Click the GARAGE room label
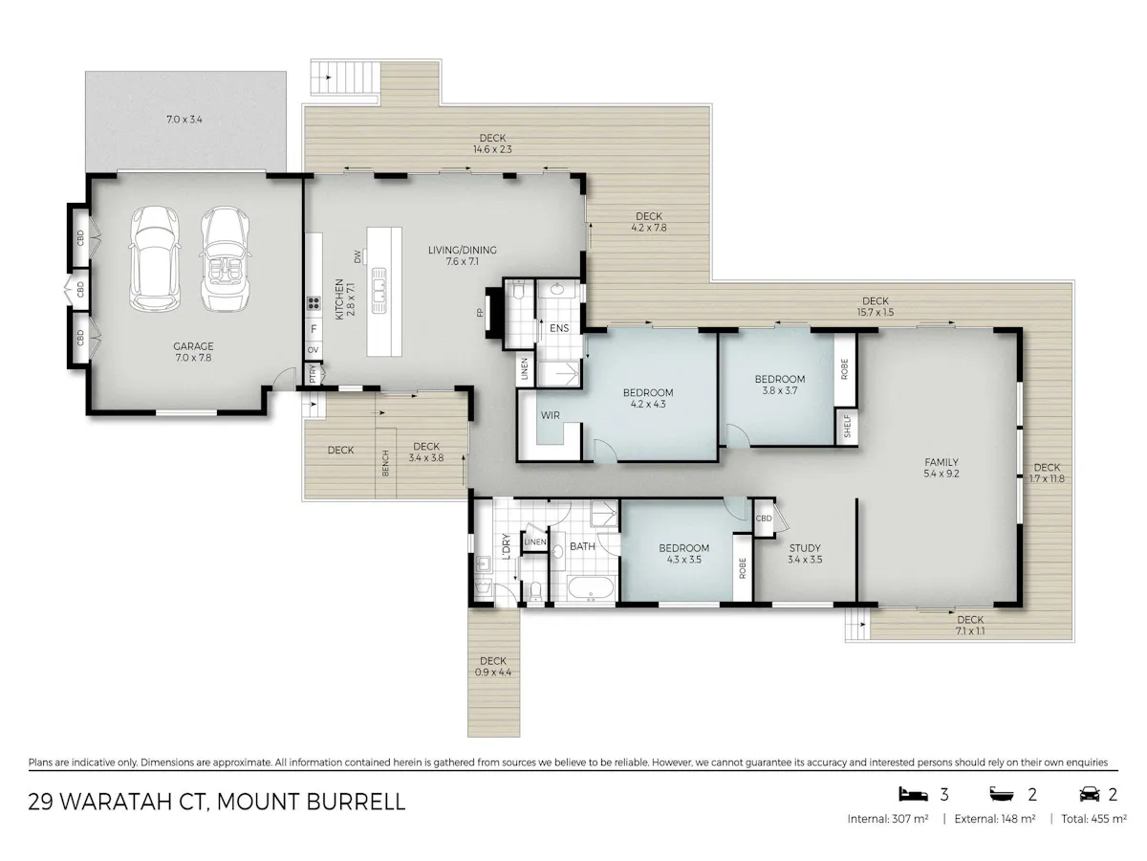(x=193, y=346)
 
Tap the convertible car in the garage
(x=225, y=258)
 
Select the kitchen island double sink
(x=379, y=290)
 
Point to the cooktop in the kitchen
(x=314, y=302)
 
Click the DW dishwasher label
(x=357, y=256)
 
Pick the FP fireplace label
(x=480, y=313)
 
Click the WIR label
(x=551, y=415)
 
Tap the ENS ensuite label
(x=559, y=328)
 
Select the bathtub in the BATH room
(x=591, y=587)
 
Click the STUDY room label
(x=805, y=548)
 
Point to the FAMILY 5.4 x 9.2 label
(x=941, y=468)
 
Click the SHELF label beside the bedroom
(x=847, y=427)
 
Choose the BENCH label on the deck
(x=385, y=463)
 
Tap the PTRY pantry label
(x=313, y=373)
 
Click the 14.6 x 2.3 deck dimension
(x=492, y=149)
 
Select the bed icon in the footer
(x=913, y=794)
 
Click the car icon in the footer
(x=1090, y=795)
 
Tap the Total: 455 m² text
(x=1093, y=819)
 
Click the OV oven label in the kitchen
(x=313, y=350)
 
